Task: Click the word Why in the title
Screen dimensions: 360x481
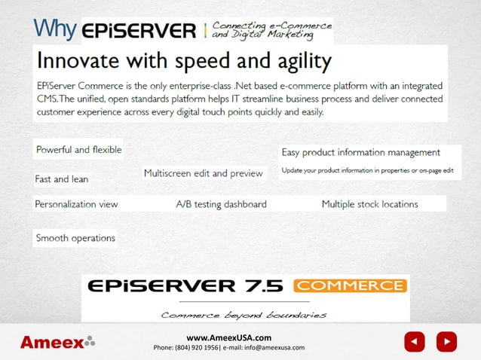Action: pos(55,30)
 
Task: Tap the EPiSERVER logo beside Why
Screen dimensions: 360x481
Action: pos(139,32)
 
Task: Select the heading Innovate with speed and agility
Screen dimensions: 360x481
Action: pos(185,61)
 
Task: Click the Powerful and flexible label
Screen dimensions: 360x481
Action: pos(79,150)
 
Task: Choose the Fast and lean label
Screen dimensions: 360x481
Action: pos(62,179)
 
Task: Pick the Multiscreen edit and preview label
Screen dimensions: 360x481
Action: pos(204,173)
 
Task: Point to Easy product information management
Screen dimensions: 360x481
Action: pos(361,152)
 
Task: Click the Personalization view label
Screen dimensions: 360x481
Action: pos(76,204)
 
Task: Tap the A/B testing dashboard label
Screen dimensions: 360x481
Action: pos(221,204)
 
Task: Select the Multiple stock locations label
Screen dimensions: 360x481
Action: pos(369,204)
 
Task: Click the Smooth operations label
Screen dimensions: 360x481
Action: pos(75,238)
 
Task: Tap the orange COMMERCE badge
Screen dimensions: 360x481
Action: pos(350,286)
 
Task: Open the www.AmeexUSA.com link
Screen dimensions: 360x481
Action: pos(228,337)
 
